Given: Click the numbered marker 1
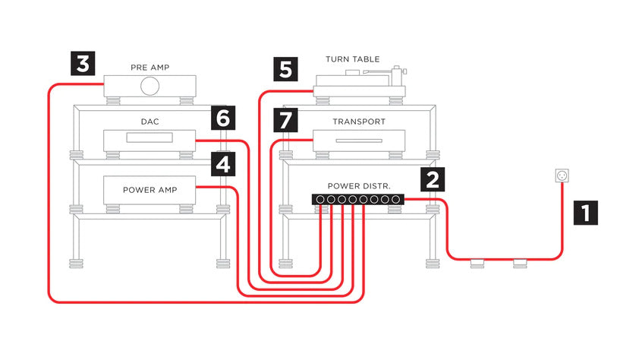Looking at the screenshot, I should click(x=584, y=211).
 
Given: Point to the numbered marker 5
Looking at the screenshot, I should click(x=285, y=70).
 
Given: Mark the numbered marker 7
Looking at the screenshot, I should click(x=285, y=119).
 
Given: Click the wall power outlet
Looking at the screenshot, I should click(x=562, y=176).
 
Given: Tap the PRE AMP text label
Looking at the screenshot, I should click(x=149, y=68).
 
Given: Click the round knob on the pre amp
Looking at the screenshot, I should click(x=150, y=87).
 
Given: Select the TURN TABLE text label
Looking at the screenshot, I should click(x=352, y=59).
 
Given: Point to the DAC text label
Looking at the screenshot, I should click(x=149, y=122).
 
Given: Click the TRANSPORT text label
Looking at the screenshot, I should click(x=359, y=122).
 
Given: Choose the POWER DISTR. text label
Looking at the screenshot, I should click(x=359, y=185).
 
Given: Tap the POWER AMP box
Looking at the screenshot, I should click(x=150, y=189).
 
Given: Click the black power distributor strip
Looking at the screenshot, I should click(x=358, y=200).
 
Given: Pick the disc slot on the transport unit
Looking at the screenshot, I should click(x=358, y=141).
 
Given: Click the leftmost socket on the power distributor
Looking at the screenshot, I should click(x=321, y=200).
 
